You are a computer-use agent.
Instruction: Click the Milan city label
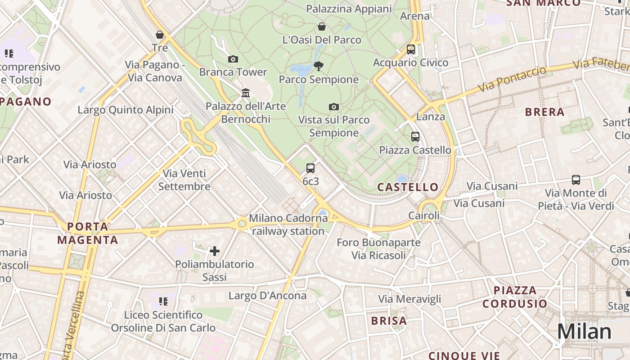tap(584, 332)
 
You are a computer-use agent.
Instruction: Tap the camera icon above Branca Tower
tap(233, 59)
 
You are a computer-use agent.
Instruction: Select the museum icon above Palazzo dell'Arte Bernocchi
tap(246, 93)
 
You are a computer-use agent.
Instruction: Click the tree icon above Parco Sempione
tap(319, 66)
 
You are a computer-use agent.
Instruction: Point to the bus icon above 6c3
tap(310, 168)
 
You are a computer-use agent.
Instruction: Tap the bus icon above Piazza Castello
tap(415, 137)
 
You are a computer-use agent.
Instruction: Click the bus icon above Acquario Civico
tap(410, 49)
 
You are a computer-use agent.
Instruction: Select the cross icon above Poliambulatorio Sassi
tap(215, 251)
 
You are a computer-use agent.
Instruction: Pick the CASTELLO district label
tap(408, 187)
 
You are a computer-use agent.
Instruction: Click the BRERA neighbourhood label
tap(544, 112)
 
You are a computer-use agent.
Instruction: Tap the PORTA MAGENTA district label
tap(88, 233)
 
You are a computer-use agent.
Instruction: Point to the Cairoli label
tap(424, 216)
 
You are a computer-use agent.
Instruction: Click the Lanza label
tap(431, 117)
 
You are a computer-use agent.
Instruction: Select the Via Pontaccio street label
tap(512, 79)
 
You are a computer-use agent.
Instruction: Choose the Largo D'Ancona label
tap(267, 296)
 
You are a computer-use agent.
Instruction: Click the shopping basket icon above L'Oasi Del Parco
tap(322, 27)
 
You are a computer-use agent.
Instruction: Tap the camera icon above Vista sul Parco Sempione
tap(333, 107)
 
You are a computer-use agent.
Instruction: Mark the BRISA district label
tap(389, 321)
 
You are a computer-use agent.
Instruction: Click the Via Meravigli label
tap(409, 299)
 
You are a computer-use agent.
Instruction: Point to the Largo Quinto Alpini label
tap(126, 110)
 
